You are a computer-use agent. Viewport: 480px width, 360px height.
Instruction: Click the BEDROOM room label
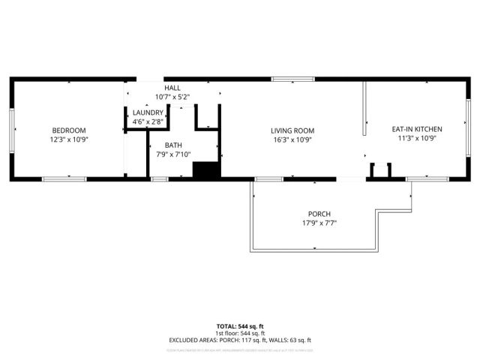point(68,130)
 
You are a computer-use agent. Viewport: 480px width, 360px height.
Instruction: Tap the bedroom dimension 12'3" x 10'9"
point(68,139)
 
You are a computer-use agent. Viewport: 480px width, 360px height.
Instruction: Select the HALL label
point(172,88)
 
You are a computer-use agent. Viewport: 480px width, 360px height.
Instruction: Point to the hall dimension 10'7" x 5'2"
point(172,97)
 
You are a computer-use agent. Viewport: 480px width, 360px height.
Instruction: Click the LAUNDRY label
point(148,112)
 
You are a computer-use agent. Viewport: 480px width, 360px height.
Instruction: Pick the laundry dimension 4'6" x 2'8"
point(148,121)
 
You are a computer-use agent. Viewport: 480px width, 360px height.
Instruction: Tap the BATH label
point(174,145)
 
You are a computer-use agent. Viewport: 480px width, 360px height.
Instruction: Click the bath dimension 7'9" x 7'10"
point(174,154)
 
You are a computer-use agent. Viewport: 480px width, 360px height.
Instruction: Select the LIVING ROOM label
point(292,130)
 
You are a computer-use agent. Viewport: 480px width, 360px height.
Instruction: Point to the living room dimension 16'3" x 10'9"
point(292,139)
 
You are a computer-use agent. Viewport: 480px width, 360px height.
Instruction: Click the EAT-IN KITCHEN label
point(417,129)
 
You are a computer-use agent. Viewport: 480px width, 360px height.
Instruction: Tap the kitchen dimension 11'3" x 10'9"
point(417,138)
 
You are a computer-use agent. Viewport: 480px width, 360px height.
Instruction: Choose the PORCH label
point(318,214)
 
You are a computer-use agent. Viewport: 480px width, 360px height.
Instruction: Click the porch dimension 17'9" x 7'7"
point(318,223)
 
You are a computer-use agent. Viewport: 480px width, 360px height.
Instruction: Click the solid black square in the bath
point(204,169)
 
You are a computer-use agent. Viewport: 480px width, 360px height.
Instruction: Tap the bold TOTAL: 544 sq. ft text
point(239,325)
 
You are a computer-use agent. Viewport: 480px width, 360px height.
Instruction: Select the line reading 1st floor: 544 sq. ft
point(239,333)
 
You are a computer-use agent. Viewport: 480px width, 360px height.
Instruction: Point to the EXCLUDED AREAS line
point(239,340)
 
